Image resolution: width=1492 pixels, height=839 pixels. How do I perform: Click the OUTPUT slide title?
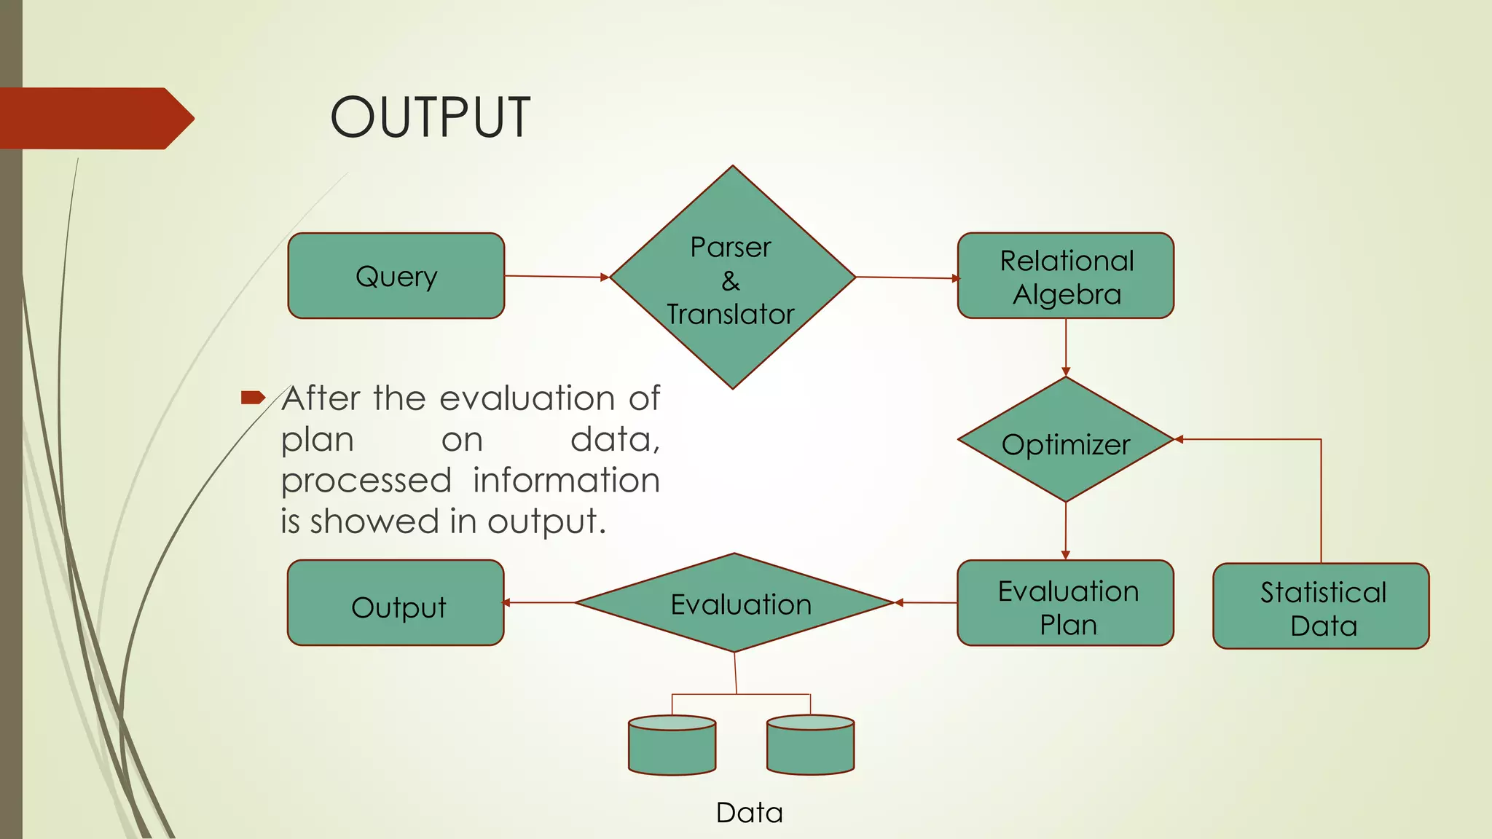[430, 117]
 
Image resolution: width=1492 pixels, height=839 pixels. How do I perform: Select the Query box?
[396, 276]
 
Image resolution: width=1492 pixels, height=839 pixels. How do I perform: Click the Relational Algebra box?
[1065, 276]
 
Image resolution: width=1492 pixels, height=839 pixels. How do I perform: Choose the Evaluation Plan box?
[1065, 604]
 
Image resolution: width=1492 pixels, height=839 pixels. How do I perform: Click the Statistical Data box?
[1320, 607]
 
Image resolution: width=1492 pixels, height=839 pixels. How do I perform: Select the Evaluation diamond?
[734, 603]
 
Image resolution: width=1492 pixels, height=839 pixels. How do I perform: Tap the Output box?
[396, 604]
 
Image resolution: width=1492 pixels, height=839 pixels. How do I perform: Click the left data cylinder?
[672, 747]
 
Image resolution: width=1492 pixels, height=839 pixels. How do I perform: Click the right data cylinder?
[810, 747]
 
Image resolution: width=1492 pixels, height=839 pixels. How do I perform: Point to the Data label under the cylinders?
[749, 813]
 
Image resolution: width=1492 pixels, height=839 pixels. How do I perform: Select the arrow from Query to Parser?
[557, 277]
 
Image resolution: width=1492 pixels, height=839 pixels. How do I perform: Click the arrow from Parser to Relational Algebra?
[907, 277]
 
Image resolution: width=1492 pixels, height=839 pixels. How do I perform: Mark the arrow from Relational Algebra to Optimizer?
[1066, 347]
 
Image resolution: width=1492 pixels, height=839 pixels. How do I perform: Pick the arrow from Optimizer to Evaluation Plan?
[1066, 531]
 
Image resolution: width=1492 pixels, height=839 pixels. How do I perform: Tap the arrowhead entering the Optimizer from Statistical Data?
[1179, 439]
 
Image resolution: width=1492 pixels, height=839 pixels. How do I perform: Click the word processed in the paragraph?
[366, 481]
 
